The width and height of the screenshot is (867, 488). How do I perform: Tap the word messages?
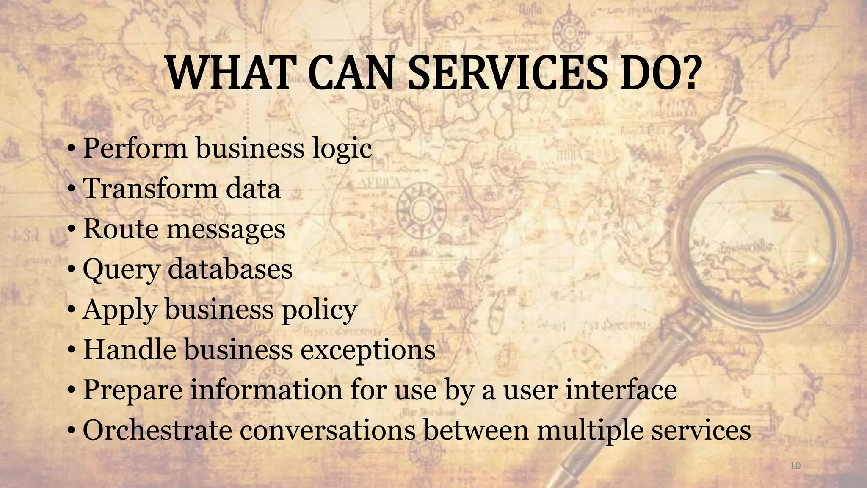(226, 229)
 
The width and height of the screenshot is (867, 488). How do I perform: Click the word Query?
(121, 269)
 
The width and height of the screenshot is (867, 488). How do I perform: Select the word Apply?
(119, 310)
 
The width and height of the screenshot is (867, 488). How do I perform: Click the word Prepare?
(133, 390)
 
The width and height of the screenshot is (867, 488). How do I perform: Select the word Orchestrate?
(157, 430)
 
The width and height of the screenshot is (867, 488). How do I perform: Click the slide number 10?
(795, 466)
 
